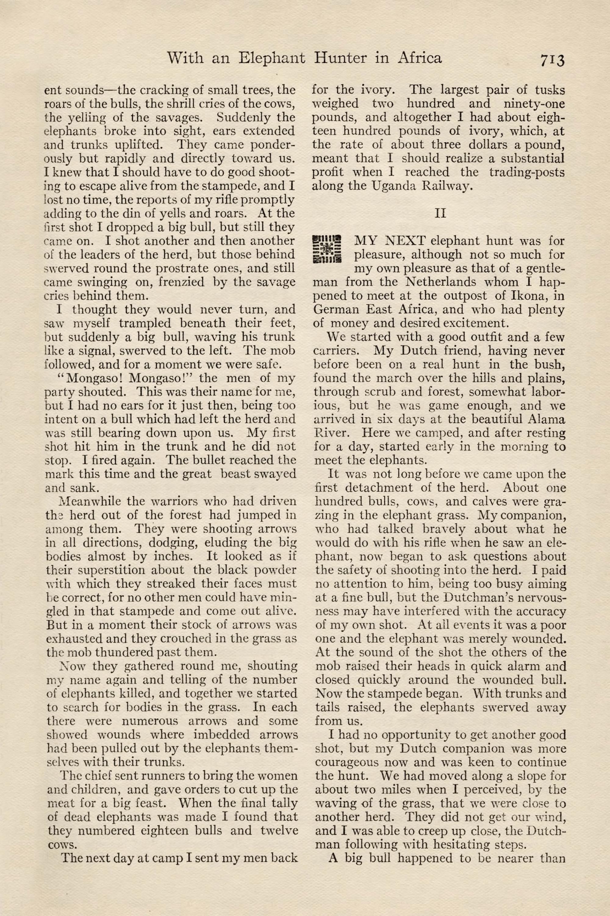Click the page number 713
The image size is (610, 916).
[552, 60]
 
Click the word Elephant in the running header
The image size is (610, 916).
[271, 58]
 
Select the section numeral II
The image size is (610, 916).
[440, 213]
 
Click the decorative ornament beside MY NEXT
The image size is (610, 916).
[327, 248]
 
